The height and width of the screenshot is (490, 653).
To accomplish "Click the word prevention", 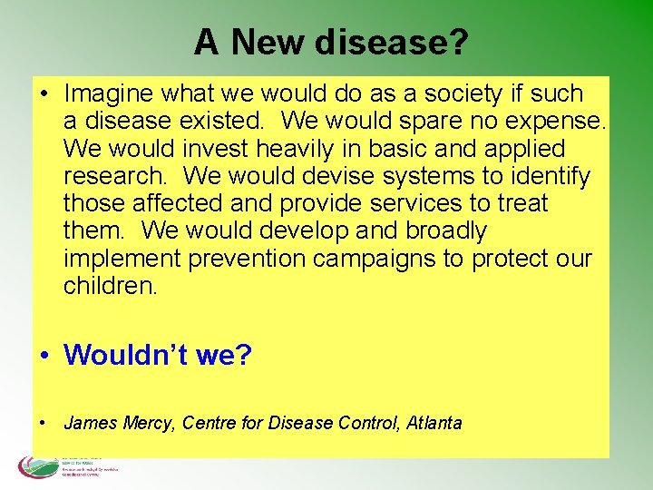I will (x=246, y=259).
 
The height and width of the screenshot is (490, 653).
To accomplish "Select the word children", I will (x=110, y=286).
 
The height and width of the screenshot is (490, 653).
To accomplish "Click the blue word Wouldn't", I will (x=125, y=355).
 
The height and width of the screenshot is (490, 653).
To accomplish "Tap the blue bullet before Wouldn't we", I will (x=44, y=356).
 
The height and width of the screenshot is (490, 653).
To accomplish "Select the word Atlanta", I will (x=434, y=423).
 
